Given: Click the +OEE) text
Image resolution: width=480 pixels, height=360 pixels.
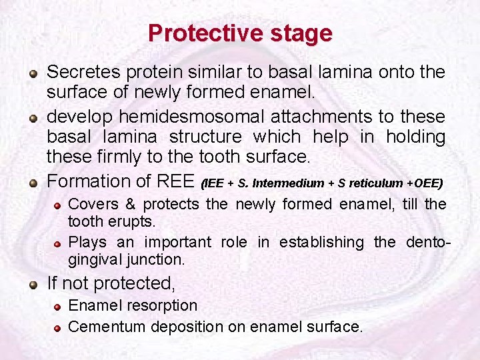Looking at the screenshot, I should point(423,183).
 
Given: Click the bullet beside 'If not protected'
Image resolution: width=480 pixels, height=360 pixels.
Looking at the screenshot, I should point(33,285).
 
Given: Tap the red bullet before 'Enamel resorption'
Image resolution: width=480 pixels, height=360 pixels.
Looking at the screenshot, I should point(59,307).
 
